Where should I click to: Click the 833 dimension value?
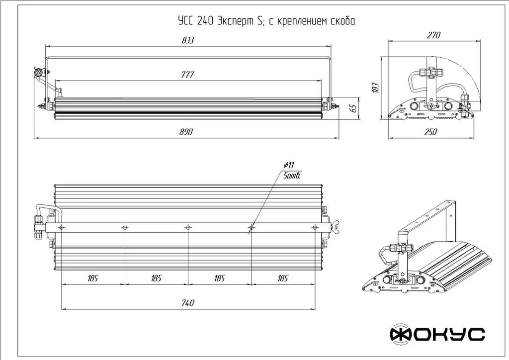pyautogui.click(x=188, y=40)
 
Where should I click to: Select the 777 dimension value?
pyautogui.click(x=187, y=75)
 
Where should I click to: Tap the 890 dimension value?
pyautogui.click(x=186, y=132)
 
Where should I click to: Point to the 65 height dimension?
pyautogui.click(x=353, y=108)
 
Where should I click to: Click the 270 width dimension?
pyautogui.click(x=433, y=35)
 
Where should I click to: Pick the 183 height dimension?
pyautogui.click(x=375, y=88)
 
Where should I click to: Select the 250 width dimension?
pyautogui.click(x=430, y=132)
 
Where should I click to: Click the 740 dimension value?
pyautogui.click(x=187, y=303)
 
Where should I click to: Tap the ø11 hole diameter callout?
pyautogui.click(x=289, y=165)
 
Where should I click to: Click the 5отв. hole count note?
pyautogui.click(x=291, y=176)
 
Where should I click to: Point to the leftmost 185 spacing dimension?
pyautogui.click(x=93, y=278)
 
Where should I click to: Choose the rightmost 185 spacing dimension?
pyautogui.click(x=283, y=278)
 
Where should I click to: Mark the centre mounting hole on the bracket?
pyautogui.click(x=187, y=228)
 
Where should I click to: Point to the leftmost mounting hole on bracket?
pyautogui.click(x=61, y=228)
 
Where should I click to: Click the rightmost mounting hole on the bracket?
pyautogui.click(x=314, y=228)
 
